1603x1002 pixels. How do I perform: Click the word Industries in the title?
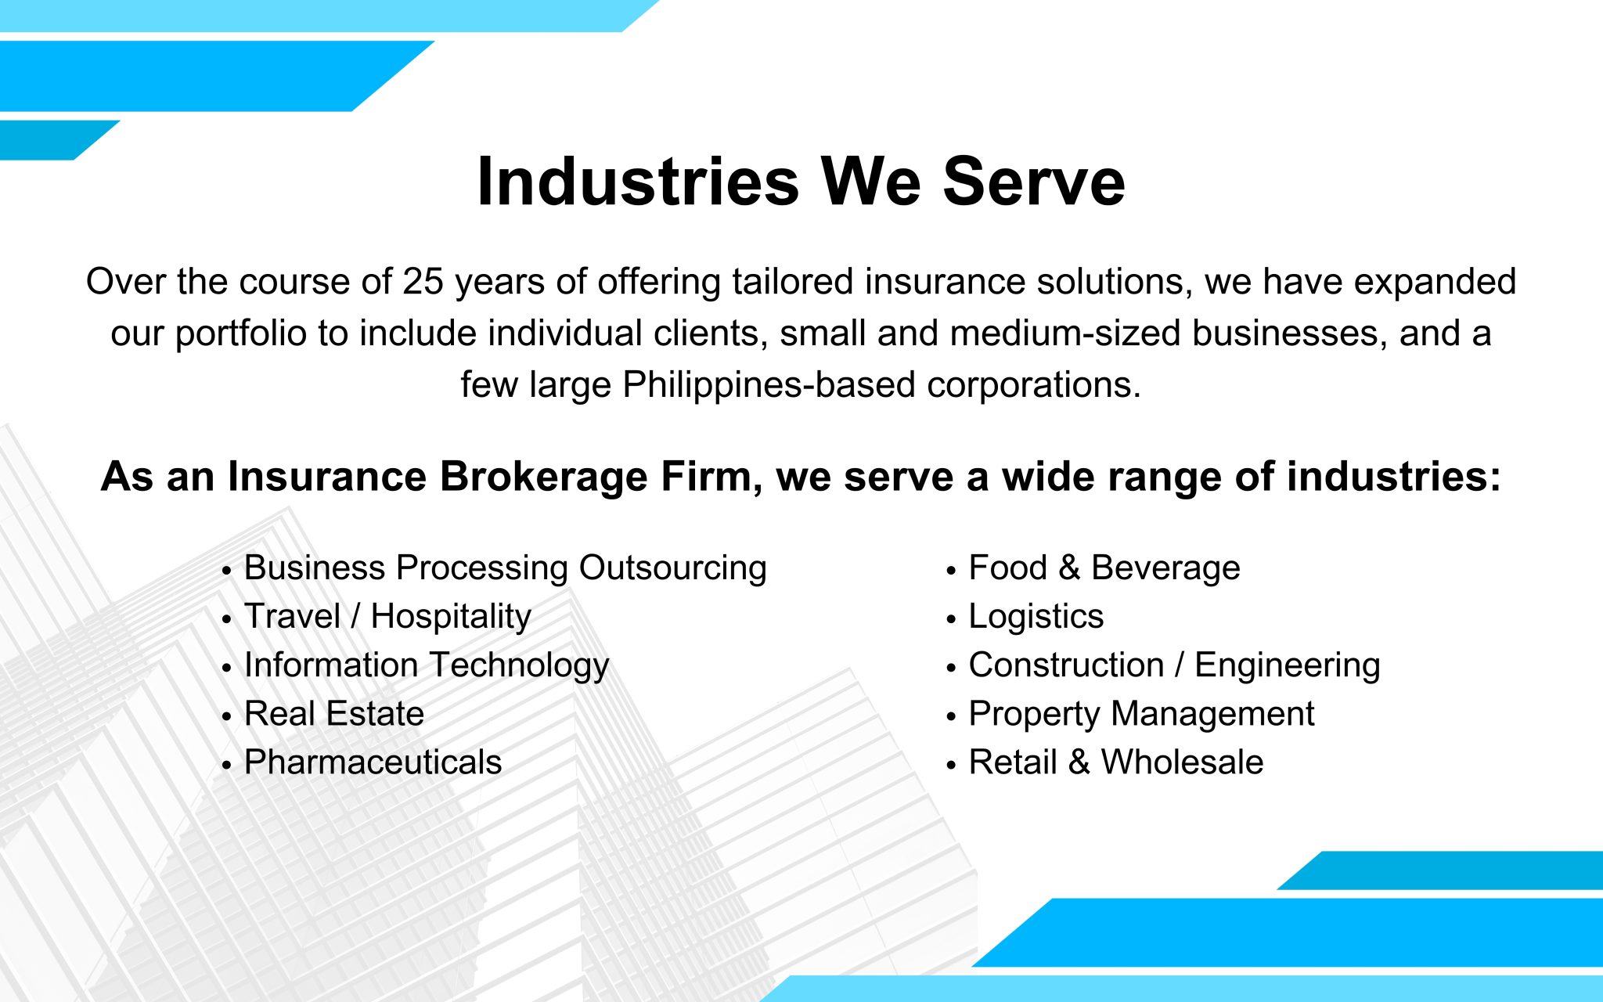coord(638,182)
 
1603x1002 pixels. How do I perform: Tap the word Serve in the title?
coord(1034,182)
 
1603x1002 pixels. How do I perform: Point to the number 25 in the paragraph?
coord(423,281)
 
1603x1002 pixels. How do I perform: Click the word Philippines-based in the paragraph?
coord(769,384)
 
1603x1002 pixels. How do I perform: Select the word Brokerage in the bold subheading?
coord(543,476)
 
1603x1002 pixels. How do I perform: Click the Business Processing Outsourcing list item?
coord(506,568)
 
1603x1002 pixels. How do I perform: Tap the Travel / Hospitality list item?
coord(387,616)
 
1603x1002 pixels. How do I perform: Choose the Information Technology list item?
coord(427,665)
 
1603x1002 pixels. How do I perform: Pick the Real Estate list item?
coord(334,713)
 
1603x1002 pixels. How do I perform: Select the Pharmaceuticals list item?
coord(373,762)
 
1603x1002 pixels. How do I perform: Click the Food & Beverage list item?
coord(1104,568)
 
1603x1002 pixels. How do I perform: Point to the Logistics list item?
coord(1036,616)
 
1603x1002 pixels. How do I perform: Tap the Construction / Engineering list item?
coord(1175,665)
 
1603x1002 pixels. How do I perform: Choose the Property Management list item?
coord(1142,713)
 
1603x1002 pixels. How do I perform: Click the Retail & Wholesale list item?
coord(1116,762)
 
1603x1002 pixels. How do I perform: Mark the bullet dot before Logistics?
coord(951,619)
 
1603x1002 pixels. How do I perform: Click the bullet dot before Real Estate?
coord(226,716)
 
